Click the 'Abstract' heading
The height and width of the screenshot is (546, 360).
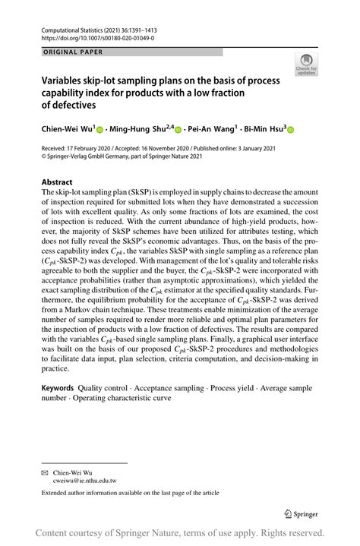(x=57, y=183)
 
